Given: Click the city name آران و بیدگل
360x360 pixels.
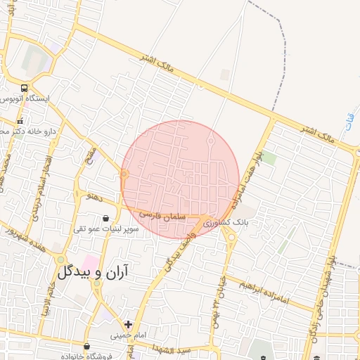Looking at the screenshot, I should coord(95,271).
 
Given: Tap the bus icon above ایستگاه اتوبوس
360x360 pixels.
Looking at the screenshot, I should coord(25,89).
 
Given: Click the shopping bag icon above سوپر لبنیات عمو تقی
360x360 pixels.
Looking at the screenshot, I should coord(105,219).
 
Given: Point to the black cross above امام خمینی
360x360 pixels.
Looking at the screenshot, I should coord(127,324).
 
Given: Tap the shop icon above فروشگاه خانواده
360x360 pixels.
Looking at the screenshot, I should coord(86,347).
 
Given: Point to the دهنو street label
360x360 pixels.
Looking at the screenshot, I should coord(93,199).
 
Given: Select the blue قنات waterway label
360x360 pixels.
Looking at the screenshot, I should coord(349,130).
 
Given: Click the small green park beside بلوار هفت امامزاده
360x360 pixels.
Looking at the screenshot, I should coord(269,157).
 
